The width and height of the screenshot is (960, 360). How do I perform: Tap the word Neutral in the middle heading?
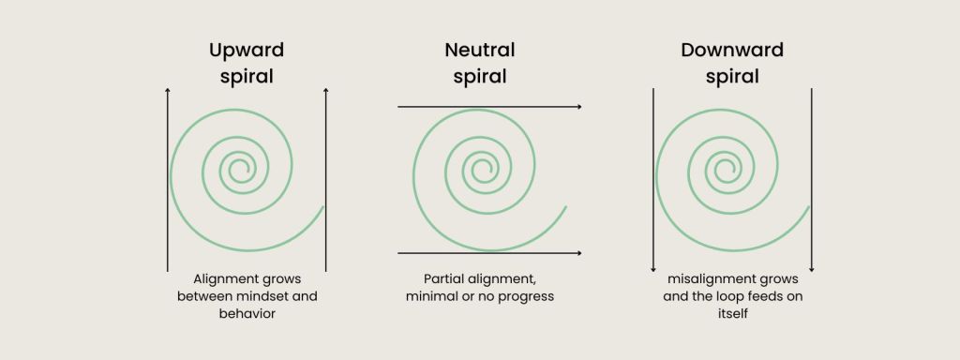(480, 50)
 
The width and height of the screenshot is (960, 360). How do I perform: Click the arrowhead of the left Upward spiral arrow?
(168, 91)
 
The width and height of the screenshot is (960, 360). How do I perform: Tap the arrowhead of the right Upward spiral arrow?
(325, 91)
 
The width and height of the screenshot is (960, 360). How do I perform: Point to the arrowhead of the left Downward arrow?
(653, 270)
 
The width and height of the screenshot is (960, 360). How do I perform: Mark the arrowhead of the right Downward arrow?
(811, 270)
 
